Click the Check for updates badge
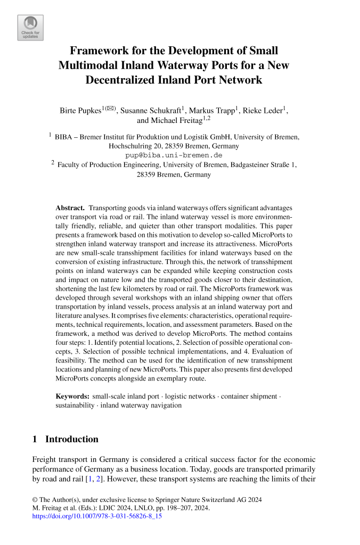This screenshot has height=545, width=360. pos(30,28)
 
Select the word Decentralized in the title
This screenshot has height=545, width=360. pos(125,80)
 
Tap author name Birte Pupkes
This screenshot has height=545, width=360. pos(80,111)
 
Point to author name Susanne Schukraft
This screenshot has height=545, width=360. pos(150,111)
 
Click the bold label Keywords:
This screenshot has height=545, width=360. pos(72,397)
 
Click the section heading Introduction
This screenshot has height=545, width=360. pos(72,440)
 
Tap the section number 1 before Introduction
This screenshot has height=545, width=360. pos(35,440)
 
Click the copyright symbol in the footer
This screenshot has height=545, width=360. pos(35,500)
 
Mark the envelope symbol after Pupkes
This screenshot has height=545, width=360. pos(111,109)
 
